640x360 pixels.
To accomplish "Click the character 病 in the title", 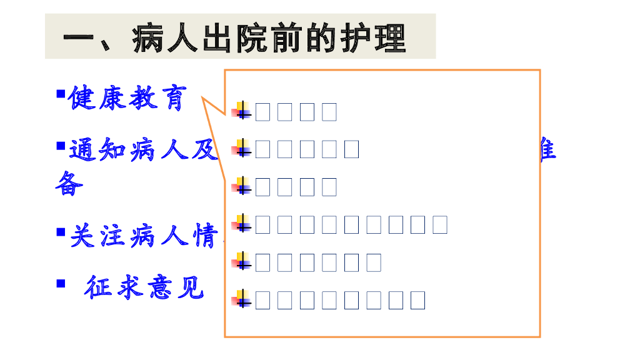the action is (149, 38).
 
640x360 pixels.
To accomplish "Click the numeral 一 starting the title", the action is (80, 39).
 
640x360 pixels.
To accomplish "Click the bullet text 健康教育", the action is (127, 98).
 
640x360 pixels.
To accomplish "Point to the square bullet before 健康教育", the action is (61, 94).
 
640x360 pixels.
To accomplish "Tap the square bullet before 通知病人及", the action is (61, 146).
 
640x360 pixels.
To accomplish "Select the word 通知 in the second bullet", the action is (97, 151).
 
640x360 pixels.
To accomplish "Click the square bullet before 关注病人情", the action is (61, 232).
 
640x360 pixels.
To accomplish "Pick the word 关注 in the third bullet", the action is (97, 236).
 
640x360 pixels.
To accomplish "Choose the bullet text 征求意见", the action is (144, 287).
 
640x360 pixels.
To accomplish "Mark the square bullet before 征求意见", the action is (61, 283).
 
